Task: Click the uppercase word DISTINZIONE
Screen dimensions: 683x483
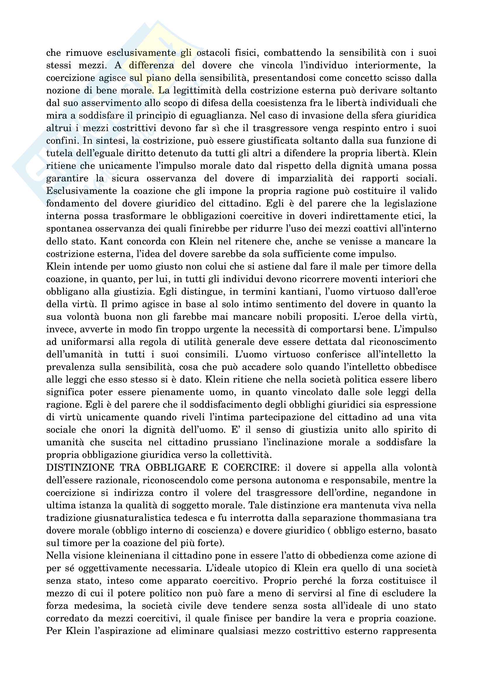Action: tap(80, 468)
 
